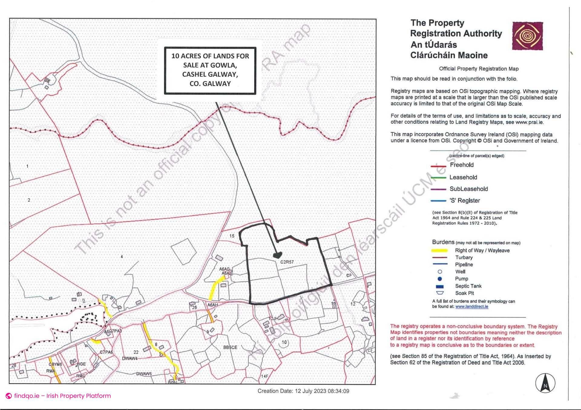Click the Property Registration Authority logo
tap(527, 36)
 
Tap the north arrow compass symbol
tap(545, 383)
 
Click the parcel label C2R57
tap(287, 262)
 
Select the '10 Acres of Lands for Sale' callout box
tap(210, 70)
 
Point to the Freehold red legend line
tap(438, 166)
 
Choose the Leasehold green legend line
tap(438, 178)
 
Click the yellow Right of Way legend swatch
tap(439, 250)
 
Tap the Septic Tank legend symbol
tap(440, 286)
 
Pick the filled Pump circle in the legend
tap(440, 279)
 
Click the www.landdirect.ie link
tap(471, 307)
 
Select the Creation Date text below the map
tap(303, 391)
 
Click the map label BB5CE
tap(230, 347)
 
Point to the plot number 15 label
tap(232, 236)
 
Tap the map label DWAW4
tap(130, 358)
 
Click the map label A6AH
tap(213, 305)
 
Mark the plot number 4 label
tap(122, 257)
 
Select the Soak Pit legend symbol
tap(440, 293)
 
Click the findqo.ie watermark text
tap(62, 396)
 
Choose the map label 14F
tap(264, 376)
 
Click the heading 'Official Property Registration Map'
tap(479, 69)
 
